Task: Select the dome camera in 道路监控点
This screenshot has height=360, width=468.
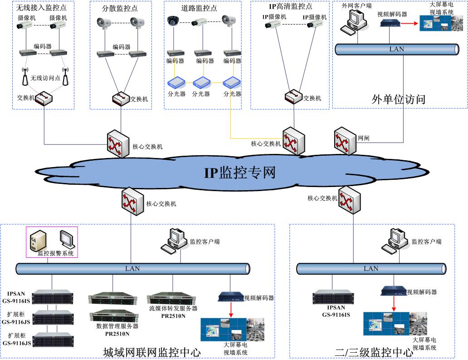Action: click(174, 21)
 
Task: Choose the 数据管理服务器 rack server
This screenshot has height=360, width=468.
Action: click(114, 316)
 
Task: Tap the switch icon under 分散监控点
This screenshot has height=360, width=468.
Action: click(121, 98)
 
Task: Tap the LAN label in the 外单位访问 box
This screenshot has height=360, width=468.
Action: click(396, 49)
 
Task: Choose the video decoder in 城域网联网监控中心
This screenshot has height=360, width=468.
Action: click(231, 297)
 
